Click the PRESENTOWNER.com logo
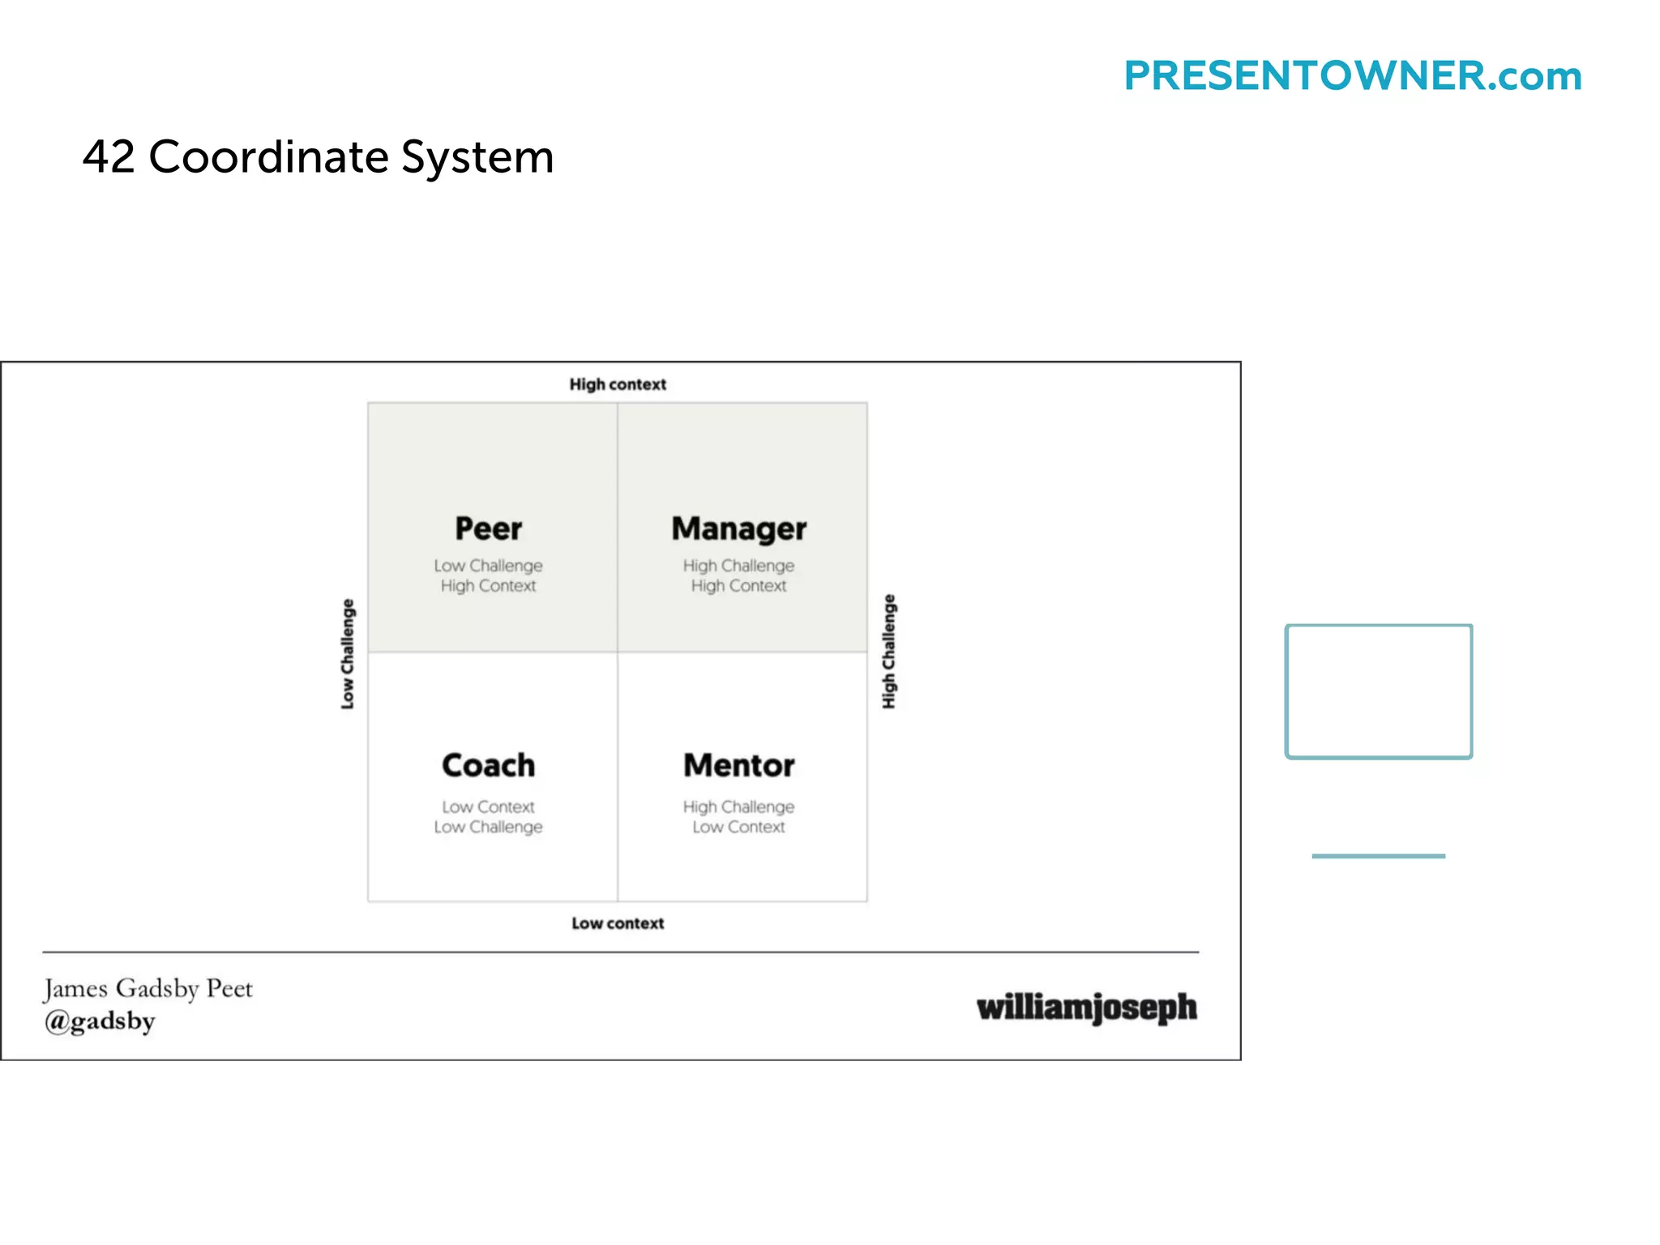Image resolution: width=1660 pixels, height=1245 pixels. pyautogui.click(x=1352, y=76)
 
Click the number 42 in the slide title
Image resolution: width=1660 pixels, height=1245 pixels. pyautogui.click(x=109, y=156)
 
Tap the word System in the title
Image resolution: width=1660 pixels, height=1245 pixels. pyautogui.click(x=477, y=158)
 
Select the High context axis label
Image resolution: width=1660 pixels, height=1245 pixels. pyautogui.click(x=618, y=384)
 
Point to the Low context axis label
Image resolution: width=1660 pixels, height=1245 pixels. pyautogui.click(x=618, y=923)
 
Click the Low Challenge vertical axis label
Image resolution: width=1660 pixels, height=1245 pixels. pyautogui.click(x=348, y=654)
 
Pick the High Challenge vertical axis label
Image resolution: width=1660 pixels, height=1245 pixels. pyautogui.click(x=889, y=652)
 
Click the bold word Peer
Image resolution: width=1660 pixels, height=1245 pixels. pyautogui.click(x=488, y=528)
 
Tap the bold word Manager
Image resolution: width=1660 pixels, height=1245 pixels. pyautogui.click(x=738, y=528)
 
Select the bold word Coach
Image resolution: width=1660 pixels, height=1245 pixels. pyautogui.click(x=488, y=765)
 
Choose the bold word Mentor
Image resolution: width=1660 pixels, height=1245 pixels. pyautogui.click(x=738, y=765)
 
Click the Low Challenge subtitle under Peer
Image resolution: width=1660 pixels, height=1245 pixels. pyautogui.click(x=488, y=566)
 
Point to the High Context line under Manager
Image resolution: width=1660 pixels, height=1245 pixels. pyautogui.click(x=738, y=586)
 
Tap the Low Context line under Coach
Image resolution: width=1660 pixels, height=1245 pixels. pyautogui.click(x=488, y=807)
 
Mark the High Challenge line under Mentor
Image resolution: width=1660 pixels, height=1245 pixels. pyautogui.click(x=738, y=807)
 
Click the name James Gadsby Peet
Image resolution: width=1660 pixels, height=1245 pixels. pyautogui.click(x=148, y=989)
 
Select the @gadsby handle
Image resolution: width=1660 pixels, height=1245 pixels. pyautogui.click(x=100, y=1021)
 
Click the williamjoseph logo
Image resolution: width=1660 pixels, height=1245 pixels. pyautogui.click(x=1086, y=1008)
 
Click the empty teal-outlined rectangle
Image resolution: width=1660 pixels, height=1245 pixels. pyautogui.click(x=1379, y=691)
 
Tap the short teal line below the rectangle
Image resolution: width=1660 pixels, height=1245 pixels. pyautogui.click(x=1378, y=856)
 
